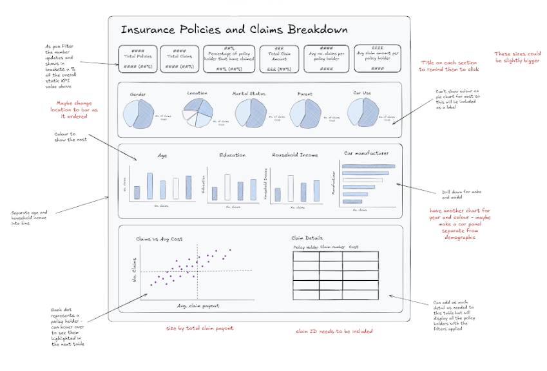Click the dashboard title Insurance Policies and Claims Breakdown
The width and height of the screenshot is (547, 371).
[x=234, y=30]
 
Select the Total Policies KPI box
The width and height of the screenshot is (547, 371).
[x=137, y=59]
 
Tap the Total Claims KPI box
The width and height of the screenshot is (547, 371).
[x=180, y=59]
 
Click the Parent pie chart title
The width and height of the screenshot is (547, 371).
[x=305, y=94]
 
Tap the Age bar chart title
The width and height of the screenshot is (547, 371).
[x=163, y=155]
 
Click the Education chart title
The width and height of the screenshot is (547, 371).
[x=232, y=155]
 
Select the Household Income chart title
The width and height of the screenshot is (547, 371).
[x=294, y=155]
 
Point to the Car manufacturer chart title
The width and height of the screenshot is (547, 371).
[x=366, y=153]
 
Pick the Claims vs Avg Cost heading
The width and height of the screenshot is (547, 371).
[x=159, y=239]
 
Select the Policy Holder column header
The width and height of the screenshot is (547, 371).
[x=305, y=247]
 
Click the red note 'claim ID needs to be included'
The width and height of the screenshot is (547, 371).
[x=334, y=331]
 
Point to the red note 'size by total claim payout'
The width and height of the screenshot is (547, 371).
[x=200, y=328]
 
